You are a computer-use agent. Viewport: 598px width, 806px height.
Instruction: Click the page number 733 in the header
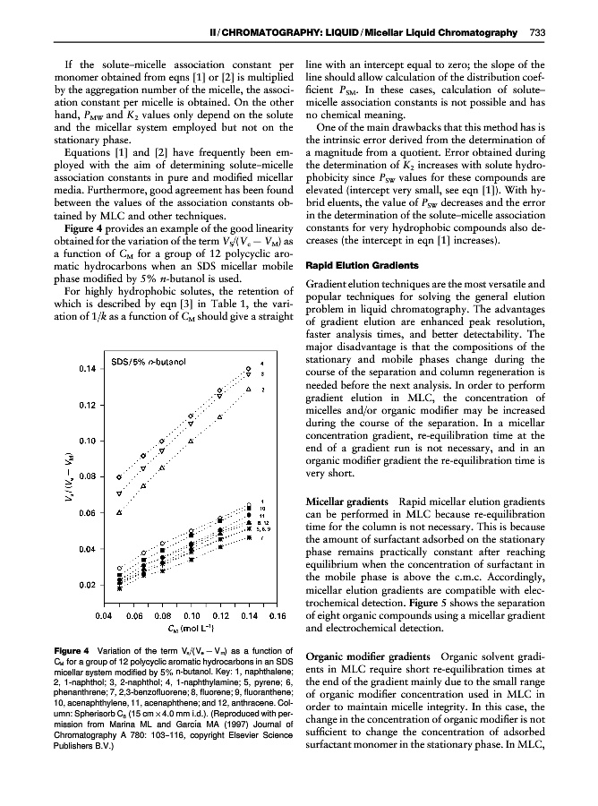tap(538, 33)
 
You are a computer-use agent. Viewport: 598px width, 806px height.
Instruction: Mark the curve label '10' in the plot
tap(263, 509)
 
